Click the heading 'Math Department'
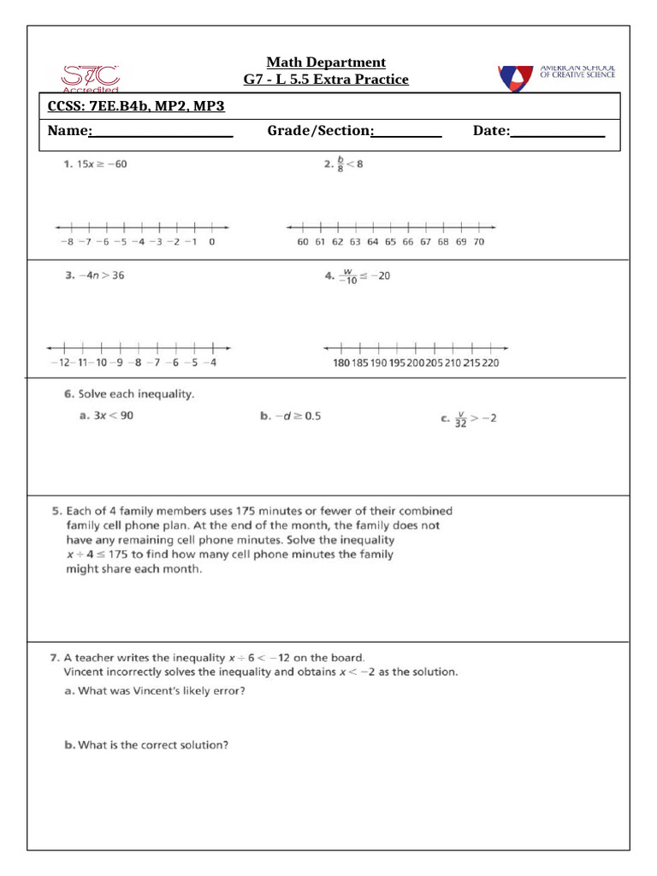(x=326, y=62)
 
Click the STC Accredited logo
(x=91, y=77)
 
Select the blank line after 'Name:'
(x=162, y=133)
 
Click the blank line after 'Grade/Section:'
(x=407, y=133)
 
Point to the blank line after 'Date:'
(x=557, y=133)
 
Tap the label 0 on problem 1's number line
(x=211, y=242)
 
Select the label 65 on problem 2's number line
(x=390, y=242)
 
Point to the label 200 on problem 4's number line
(x=416, y=363)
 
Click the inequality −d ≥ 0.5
(x=296, y=416)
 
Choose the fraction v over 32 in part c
(x=460, y=419)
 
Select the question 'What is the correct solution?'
(x=153, y=745)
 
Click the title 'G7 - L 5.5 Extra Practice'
(x=326, y=80)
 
